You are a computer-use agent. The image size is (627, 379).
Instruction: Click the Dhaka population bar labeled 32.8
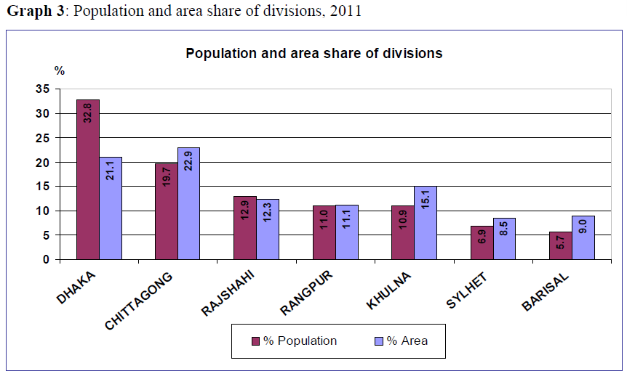coord(88,179)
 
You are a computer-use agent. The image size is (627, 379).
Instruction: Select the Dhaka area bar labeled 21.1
coord(111,208)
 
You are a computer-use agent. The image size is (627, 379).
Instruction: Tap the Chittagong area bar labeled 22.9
coord(189,203)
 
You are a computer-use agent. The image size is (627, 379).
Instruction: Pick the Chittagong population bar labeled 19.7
coord(167,211)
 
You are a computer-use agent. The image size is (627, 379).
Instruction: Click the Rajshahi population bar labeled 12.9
coord(245,228)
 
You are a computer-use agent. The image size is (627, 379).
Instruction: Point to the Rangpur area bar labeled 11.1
coord(347,232)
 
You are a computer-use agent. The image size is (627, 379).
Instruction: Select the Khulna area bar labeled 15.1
coord(426,222)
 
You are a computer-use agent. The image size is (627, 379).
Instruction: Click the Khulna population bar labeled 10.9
coord(402,232)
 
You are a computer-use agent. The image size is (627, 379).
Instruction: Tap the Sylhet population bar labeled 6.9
coord(482,243)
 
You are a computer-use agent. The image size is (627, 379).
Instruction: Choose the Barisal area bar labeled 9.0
coord(583,237)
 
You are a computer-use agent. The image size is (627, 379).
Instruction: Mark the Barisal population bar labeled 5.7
coord(560,245)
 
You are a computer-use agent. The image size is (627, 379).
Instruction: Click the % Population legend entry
coord(294,341)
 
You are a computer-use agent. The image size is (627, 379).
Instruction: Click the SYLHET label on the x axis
coord(466,290)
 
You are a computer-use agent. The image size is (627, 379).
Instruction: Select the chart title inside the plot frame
coord(313,54)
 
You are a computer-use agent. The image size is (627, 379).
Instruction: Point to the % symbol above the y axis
coord(60,71)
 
